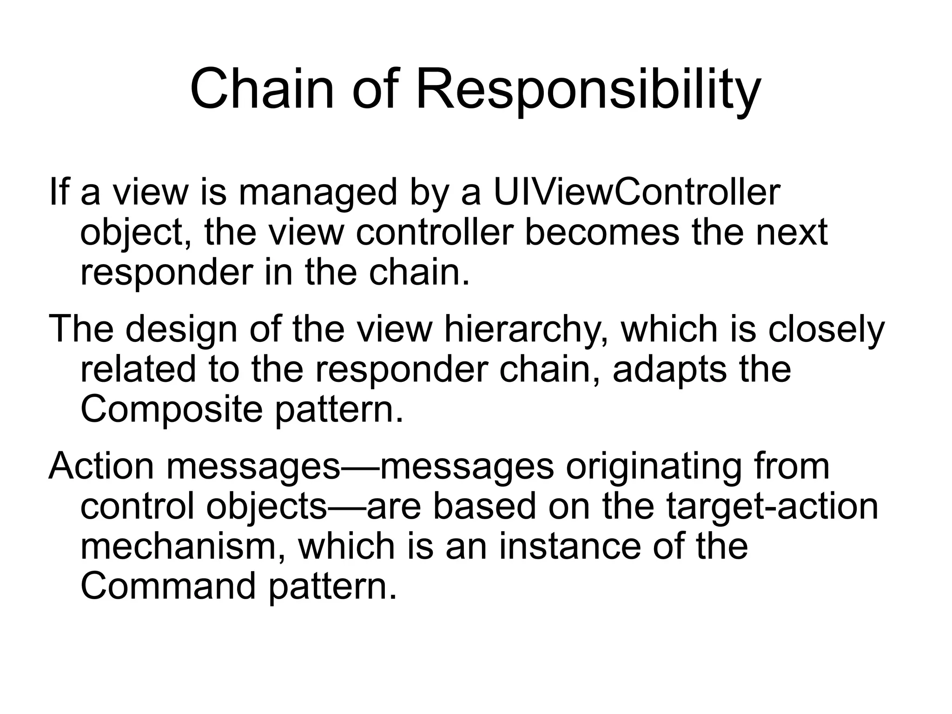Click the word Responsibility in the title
click(x=588, y=89)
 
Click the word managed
click(x=318, y=193)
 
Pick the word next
click(x=792, y=232)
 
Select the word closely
click(x=826, y=329)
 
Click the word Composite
click(x=172, y=409)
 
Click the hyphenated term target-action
click(x=772, y=507)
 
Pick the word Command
click(x=168, y=586)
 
